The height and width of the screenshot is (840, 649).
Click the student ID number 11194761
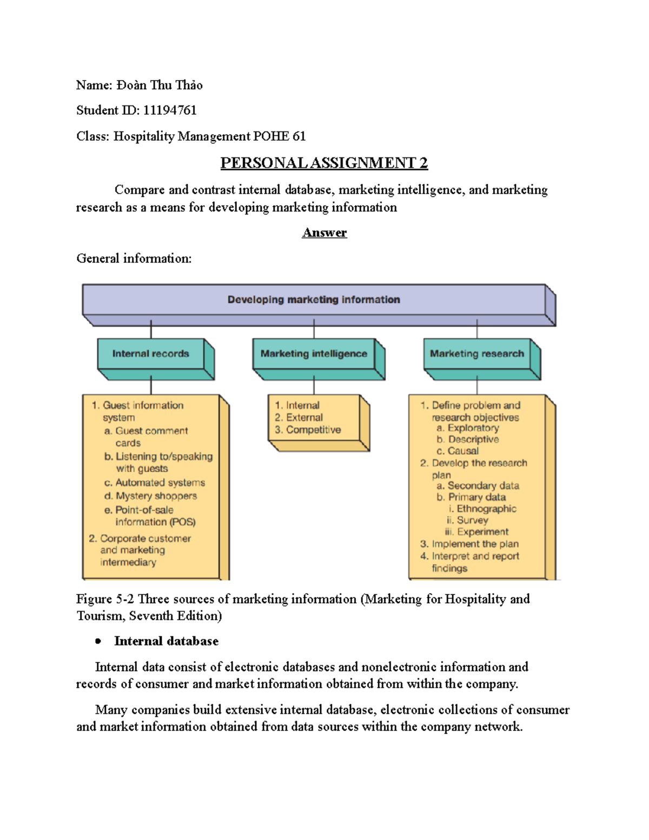(170, 110)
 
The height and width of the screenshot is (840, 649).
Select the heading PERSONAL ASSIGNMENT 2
(324, 163)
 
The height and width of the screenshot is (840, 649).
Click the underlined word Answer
(324, 233)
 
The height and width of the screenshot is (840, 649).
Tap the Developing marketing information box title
(314, 300)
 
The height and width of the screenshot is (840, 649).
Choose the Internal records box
(151, 354)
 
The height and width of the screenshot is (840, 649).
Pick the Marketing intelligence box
(314, 354)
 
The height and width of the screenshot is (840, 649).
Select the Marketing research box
(476, 354)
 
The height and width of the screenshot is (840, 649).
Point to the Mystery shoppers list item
(156, 496)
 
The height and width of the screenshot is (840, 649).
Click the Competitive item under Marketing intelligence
(313, 430)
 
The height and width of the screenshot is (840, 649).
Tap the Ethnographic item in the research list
(486, 509)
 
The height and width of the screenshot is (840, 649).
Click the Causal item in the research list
(463, 451)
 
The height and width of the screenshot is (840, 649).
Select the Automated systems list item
(160, 482)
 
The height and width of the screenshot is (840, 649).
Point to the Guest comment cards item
(151, 437)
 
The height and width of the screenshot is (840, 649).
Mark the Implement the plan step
(475, 544)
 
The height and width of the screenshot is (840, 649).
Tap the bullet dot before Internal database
(98, 641)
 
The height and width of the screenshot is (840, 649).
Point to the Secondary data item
(483, 486)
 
